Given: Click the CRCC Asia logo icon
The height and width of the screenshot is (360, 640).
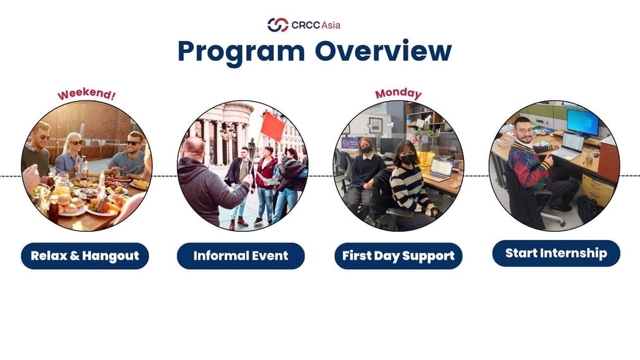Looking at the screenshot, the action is pyautogui.click(x=278, y=25).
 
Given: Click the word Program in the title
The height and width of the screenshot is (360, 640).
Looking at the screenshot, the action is pyautogui.click(x=241, y=52).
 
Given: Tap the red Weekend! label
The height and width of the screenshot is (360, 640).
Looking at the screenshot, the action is pyautogui.click(x=86, y=94).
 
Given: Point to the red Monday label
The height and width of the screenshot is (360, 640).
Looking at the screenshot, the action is pyautogui.click(x=398, y=93).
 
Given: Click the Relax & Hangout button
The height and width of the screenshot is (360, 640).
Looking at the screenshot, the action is pyautogui.click(x=85, y=256).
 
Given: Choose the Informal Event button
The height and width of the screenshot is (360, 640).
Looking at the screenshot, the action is pyautogui.click(x=241, y=256).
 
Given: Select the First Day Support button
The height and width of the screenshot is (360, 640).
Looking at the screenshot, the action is pyautogui.click(x=398, y=256).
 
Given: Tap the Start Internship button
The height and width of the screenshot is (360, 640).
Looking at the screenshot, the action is pyautogui.click(x=556, y=253).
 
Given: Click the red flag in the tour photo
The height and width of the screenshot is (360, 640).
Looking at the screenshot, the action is pyautogui.click(x=272, y=126).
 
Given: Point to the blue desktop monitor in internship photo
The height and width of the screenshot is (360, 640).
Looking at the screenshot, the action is pyautogui.click(x=583, y=122).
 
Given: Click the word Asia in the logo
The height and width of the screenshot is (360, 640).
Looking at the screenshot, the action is pyautogui.click(x=331, y=25).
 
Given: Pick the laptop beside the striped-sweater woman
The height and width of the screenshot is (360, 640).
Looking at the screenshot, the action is pyautogui.click(x=439, y=169).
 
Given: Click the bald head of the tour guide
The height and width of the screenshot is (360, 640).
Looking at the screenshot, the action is pyautogui.click(x=193, y=148).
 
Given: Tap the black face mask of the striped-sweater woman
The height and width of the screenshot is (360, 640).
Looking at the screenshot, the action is pyautogui.click(x=407, y=159).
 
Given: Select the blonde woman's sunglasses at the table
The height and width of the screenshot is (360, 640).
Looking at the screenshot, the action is pyautogui.click(x=76, y=143).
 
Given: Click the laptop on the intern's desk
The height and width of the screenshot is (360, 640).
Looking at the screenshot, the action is pyautogui.click(x=570, y=146).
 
